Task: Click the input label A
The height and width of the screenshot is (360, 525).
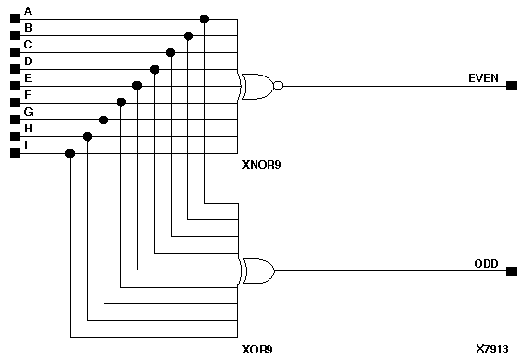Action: coord(28,11)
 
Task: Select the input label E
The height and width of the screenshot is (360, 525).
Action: coord(28,78)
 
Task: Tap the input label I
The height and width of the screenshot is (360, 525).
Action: coord(28,145)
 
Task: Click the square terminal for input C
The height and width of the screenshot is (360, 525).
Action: coord(14,52)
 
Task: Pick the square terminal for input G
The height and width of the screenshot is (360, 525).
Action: coord(14,119)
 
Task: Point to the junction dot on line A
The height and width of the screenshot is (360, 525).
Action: coord(204,19)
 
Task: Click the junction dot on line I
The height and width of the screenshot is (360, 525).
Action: coord(70,153)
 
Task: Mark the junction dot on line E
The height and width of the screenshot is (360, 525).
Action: coord(137,86)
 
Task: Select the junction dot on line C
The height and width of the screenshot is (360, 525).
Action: coord(171,52)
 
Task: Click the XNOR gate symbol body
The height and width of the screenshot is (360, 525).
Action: coord(256,86)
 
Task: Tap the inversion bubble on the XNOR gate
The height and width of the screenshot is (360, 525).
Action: coord(278,86)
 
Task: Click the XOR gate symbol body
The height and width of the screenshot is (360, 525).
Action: coord(256,271)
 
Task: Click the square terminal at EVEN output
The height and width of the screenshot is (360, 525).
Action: coord(511,86)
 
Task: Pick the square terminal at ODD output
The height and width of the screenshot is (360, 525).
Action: coord(511,271)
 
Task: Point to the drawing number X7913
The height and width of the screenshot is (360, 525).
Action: coord(491,348)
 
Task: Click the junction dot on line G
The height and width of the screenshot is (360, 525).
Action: coord(104,119)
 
